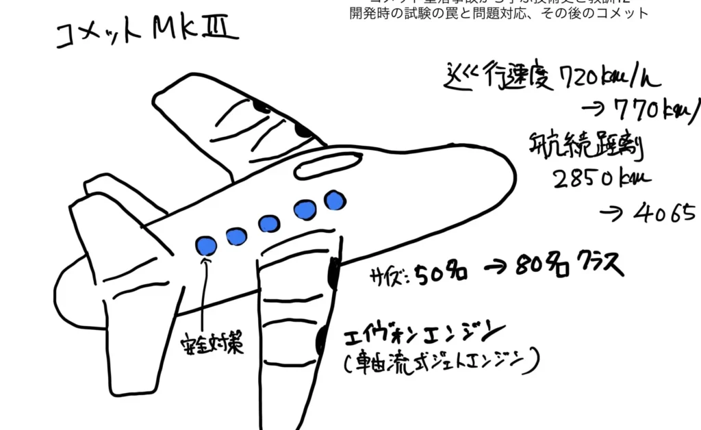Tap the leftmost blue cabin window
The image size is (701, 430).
point(206,245)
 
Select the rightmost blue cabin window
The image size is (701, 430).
point(334,200)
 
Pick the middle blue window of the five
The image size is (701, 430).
point(268,223)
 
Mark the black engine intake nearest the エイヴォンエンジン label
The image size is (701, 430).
point(321,340)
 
